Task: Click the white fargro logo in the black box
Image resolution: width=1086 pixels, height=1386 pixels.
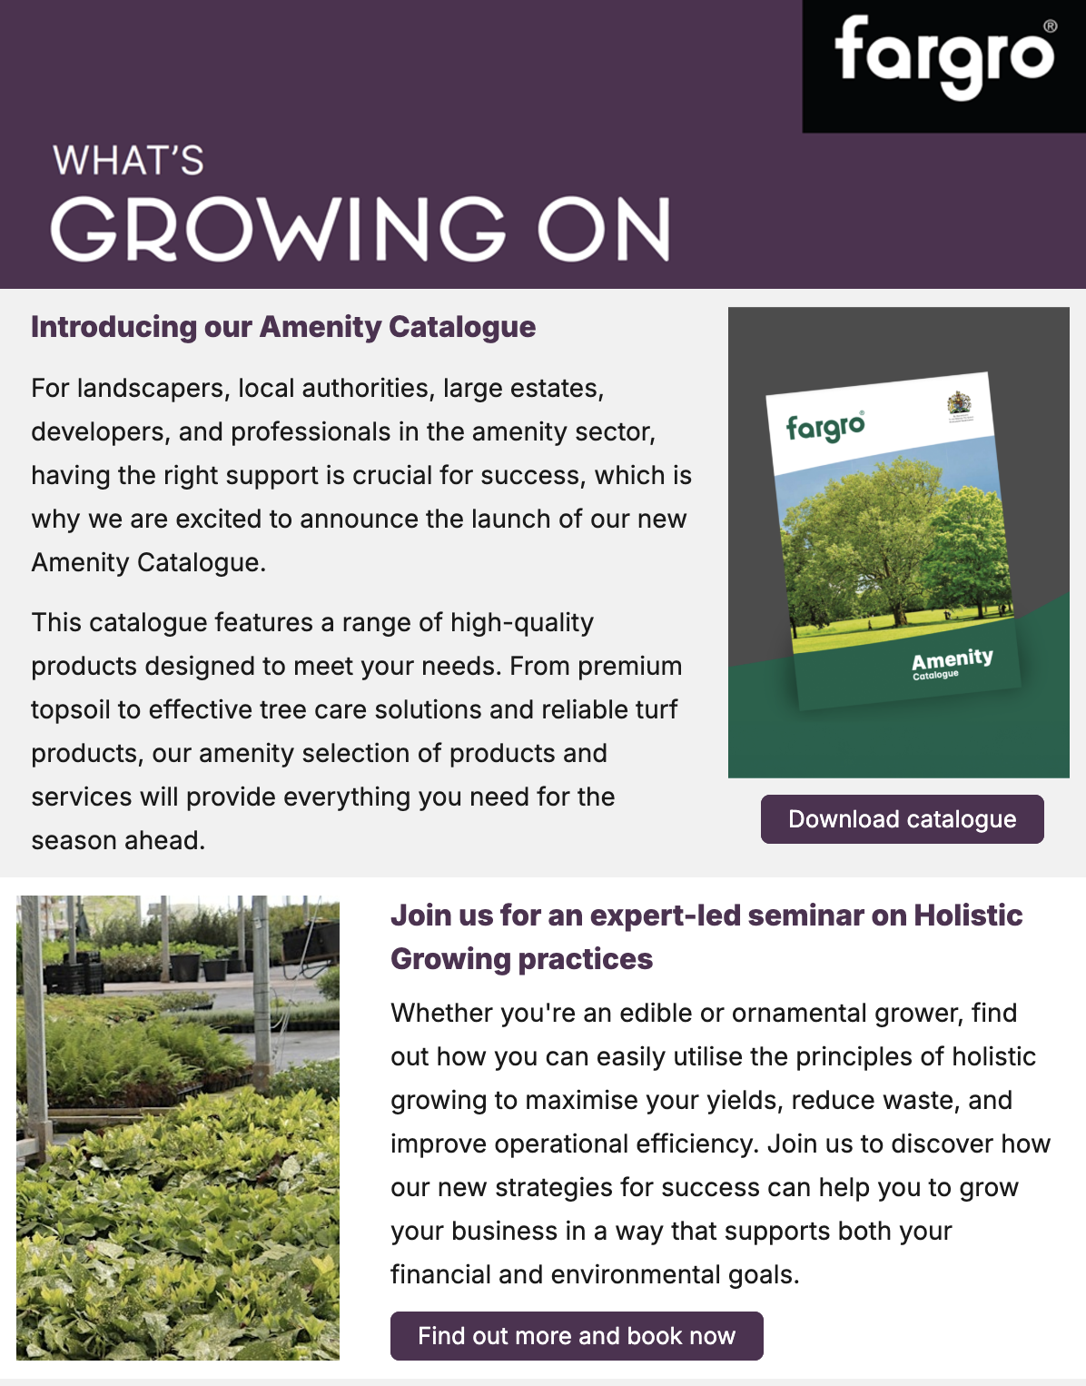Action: [x=943, y=58]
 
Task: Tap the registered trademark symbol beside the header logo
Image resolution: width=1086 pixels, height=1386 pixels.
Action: [x=1050, y=26]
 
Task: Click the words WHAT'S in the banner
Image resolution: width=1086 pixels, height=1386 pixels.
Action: [x=128, y=161]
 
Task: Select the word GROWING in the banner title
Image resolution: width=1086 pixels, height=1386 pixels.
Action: [x=278, y=229]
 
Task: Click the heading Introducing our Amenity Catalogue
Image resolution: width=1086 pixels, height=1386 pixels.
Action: [x=283, y=327]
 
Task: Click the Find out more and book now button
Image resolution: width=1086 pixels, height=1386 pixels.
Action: [x=577, y=1335]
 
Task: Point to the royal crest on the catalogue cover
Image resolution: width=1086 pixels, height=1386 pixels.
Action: [x=959, y=405]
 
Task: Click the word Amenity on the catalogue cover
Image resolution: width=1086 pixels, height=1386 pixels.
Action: [x=952, y=658]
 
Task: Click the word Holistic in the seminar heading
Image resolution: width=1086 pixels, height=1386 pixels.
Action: [x=968, y=916]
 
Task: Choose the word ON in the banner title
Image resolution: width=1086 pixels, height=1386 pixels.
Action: [x=605, y=229]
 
